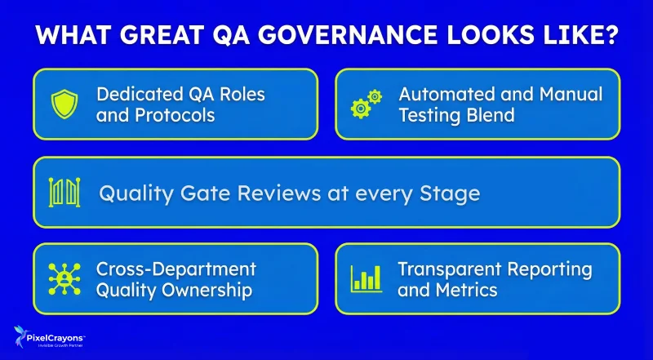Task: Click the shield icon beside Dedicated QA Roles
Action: click(x=64, y=104)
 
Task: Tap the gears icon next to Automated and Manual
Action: click(x=366, y=104)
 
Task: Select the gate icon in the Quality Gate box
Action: click(x=64, y=193)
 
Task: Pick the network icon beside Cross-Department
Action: click(x=64, y=278)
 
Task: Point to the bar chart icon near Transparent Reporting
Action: click(x=366, y=278)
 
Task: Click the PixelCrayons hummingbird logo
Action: click(x=19, y=336)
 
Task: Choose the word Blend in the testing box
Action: click(x=491, y=115)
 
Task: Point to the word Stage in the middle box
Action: click(x=447, y=193)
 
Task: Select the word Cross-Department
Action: click(x=176, y=269)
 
